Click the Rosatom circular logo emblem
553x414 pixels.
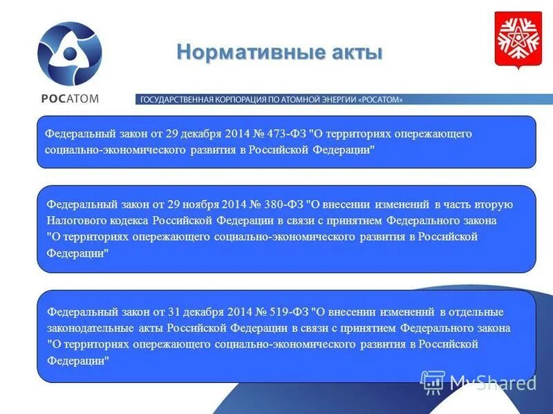pyautogui.click(x=69, y=53)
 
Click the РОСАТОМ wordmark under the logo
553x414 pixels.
pyautogui.click(x=69, y=98)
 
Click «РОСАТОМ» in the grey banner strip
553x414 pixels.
pyautogui.click(x=380, y=99)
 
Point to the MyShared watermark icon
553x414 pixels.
pyautogui.click(x=433, y=382)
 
